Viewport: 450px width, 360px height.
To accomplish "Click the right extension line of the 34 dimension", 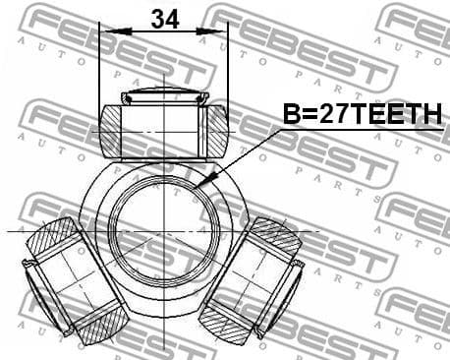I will click(228, 69).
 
